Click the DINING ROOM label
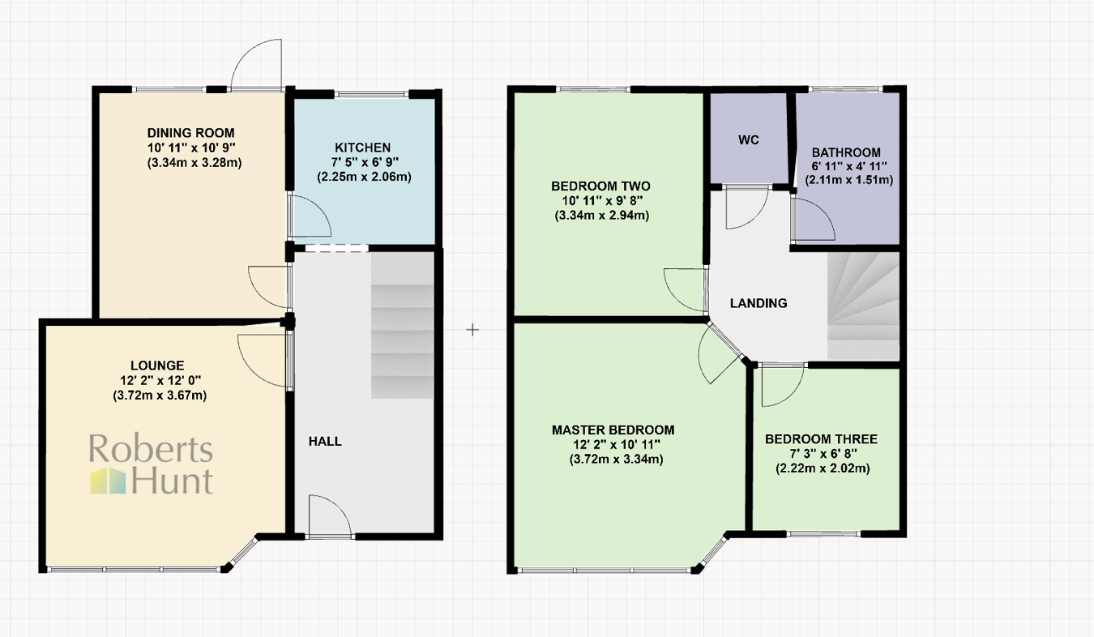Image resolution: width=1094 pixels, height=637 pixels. [x=190, y=133]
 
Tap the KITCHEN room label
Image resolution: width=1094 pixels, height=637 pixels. [x=362, y=147]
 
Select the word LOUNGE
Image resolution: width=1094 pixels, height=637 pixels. [x=157, y=366]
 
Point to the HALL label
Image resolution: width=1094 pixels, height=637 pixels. [x=325, y=442]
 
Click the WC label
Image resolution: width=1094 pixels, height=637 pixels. [x=748, y=139]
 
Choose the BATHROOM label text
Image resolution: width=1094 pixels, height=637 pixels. [x=846, y=152]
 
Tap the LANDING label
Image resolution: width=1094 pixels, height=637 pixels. [x=759, y=303]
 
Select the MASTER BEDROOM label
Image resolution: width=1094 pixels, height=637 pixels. [x=613, y=430]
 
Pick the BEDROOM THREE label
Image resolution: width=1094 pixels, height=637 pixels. [x=822, y=439]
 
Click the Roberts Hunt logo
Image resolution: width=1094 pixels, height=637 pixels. [x=151, y=465]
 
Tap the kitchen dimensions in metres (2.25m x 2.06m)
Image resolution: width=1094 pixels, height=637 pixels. [x=362, y=177]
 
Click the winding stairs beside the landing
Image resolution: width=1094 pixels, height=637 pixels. [x=864, y=304]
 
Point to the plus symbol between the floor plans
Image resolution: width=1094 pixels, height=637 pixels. [x=473, y=330]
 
